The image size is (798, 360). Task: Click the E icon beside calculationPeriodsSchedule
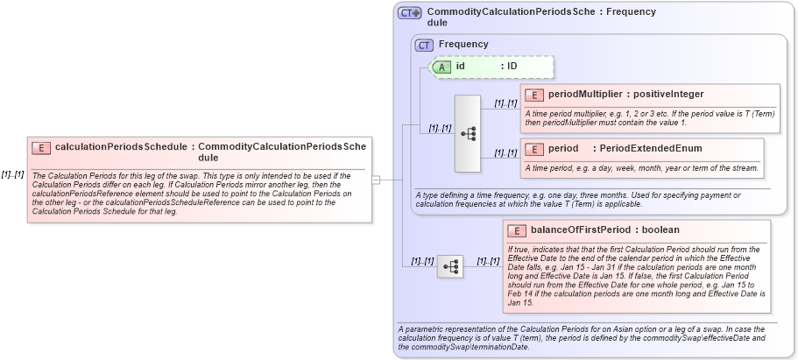pyautogui.click(x=41, y=148)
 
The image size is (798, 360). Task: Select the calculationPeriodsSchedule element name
pyautogui.click(x=123, y=148)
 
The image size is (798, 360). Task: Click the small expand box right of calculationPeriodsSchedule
pyautogui.click(x=376, y=180)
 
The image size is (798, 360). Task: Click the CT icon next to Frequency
pyautogui.click(x=425, y=45)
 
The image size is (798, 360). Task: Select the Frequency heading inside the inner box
pyautogui.click(x=463, y=45)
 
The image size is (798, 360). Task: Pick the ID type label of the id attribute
pyautogui.click(x=512, y=67)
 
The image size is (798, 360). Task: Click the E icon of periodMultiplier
pyautogui.click(x=534, y=95)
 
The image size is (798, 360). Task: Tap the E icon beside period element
pyautogui.click(x=534, y=149)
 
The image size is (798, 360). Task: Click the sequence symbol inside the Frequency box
pyautogui.click(x=469, y=133)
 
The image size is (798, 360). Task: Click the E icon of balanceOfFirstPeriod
pyautogui.click(x=518, y=230)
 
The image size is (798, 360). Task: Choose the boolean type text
pyautogui.click(x=660, y=230)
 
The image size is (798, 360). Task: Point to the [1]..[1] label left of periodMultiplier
pyautogui.click(x=505, y=103)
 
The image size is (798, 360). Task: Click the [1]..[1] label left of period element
pyautogui.click(x=505, y=152)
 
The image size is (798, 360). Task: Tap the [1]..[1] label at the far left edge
pyautogui.click(x=12, y=174)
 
